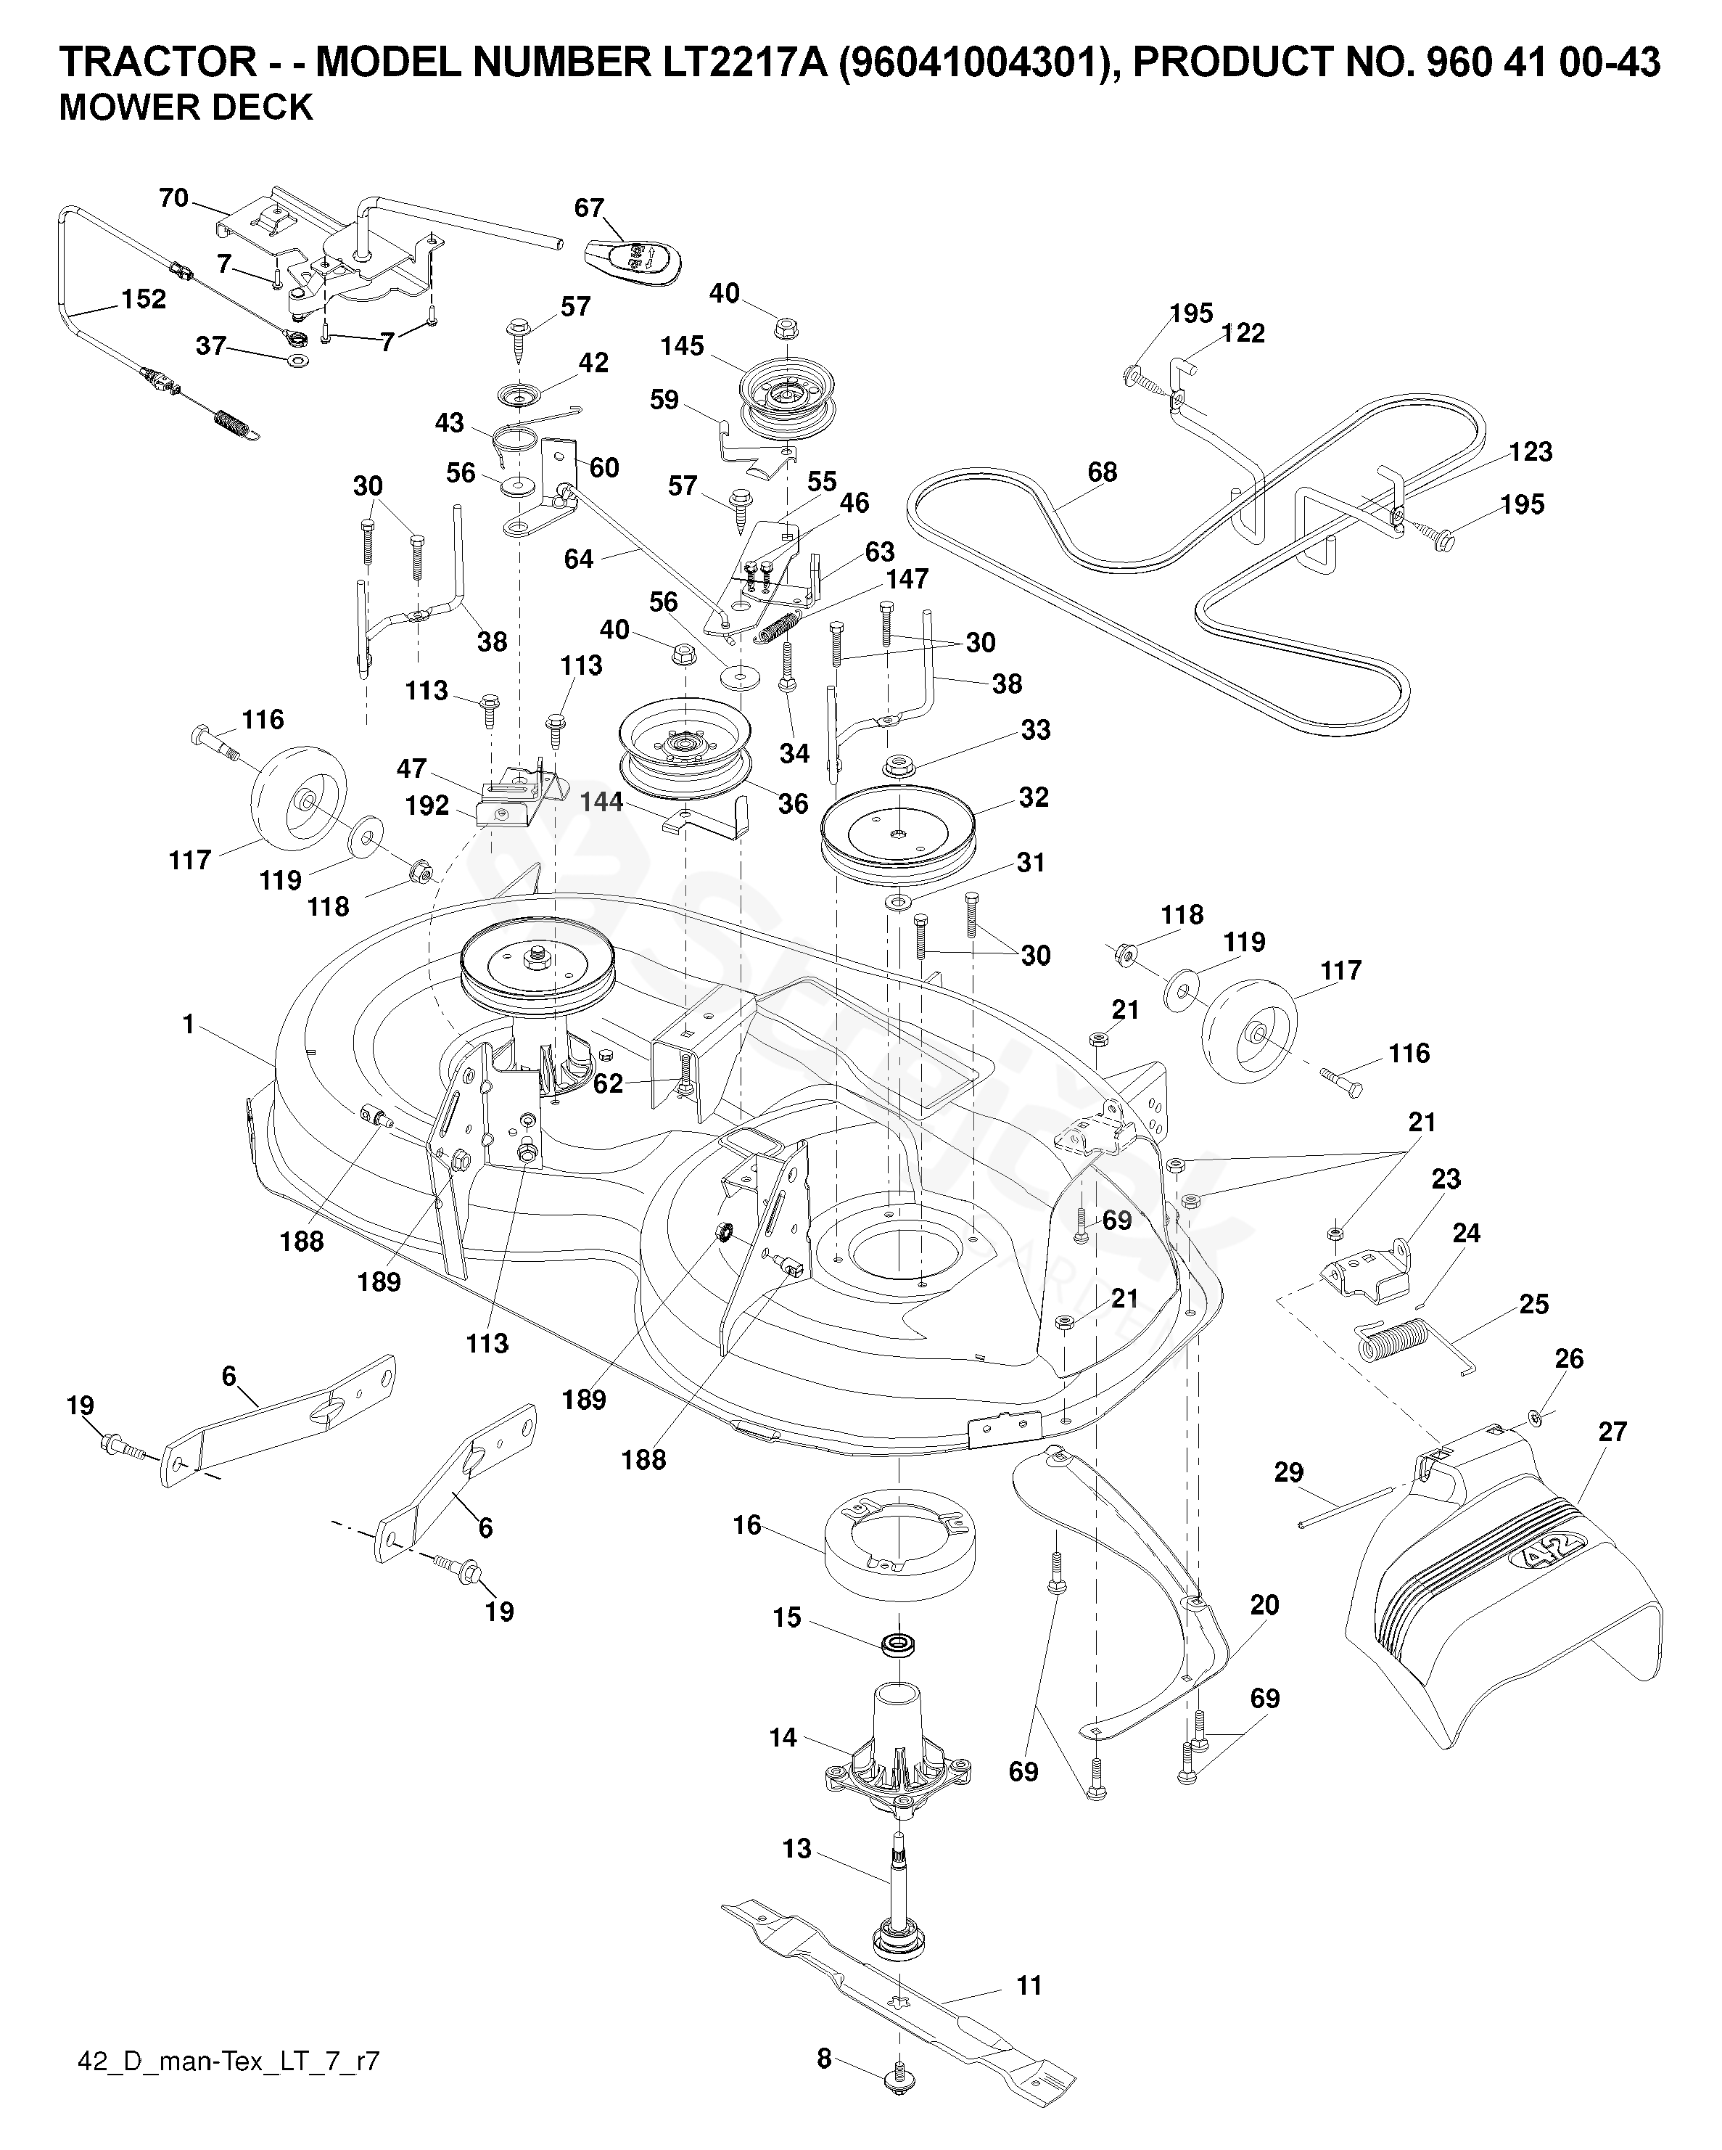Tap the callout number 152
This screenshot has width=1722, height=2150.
144,298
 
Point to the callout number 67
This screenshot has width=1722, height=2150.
589,208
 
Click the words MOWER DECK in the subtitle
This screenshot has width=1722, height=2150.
186,107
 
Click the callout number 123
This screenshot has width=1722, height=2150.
1531,452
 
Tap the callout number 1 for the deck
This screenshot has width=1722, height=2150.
189,1024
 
